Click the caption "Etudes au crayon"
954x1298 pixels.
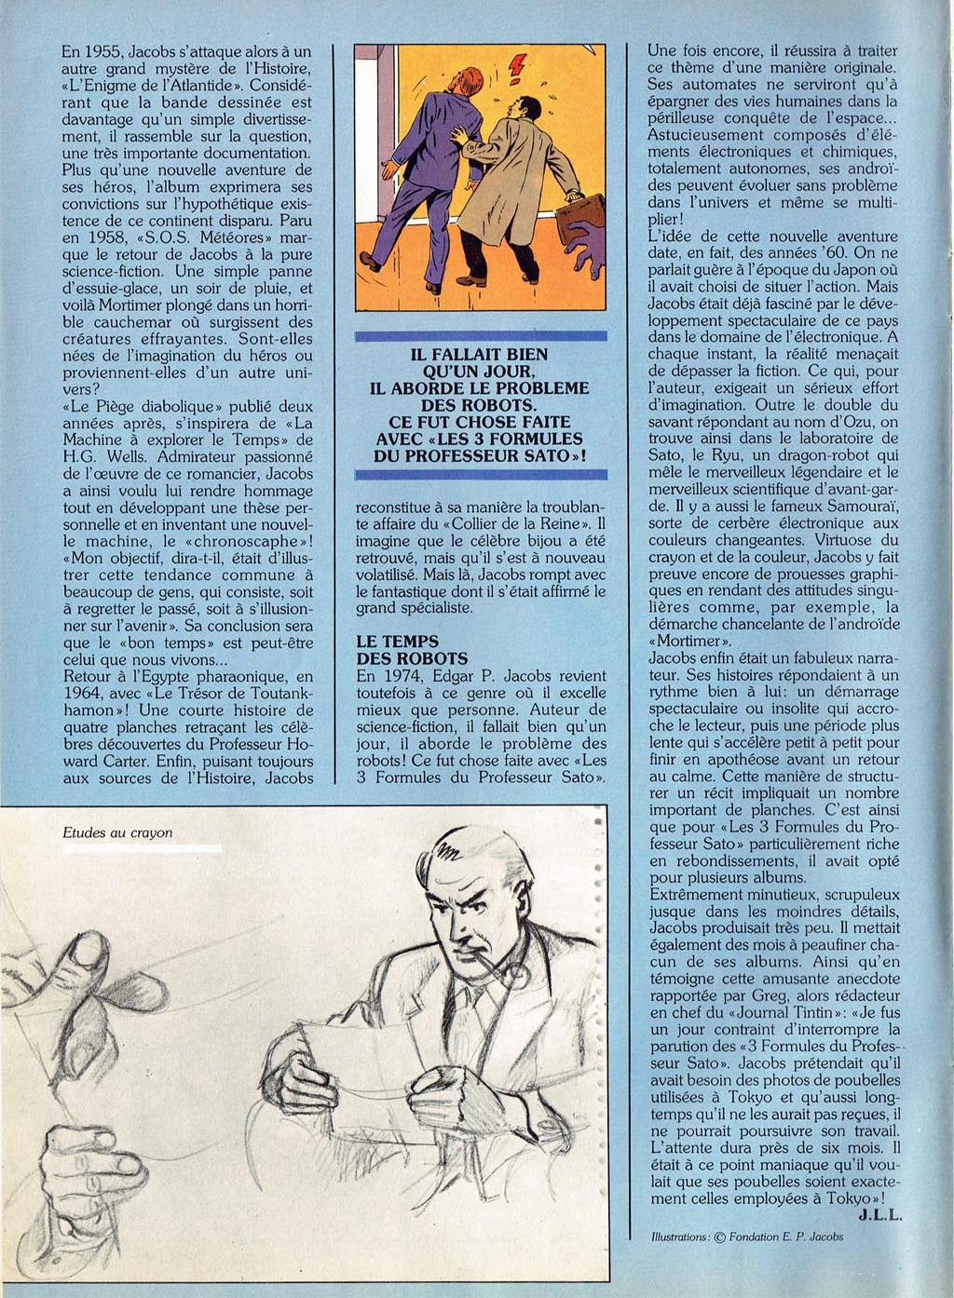117,832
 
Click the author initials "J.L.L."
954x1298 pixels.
879,1215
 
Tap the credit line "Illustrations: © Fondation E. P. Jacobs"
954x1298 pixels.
747,1237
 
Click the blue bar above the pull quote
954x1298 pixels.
481,336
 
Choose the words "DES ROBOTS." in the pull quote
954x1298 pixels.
481,405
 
